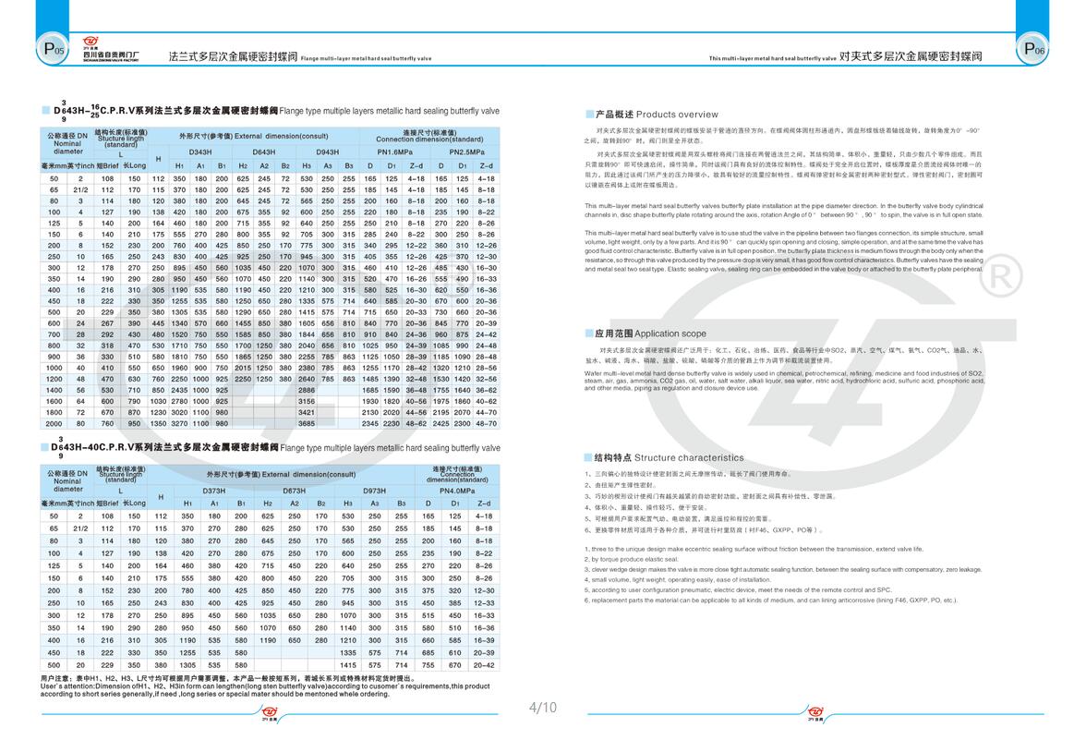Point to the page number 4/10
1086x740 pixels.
(542, 708)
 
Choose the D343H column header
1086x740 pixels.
(200, 151)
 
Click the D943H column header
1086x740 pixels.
(328, 151)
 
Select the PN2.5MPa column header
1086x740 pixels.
(467, 151)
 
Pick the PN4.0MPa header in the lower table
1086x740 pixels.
(458, 491)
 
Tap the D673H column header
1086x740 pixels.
(294, 491)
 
